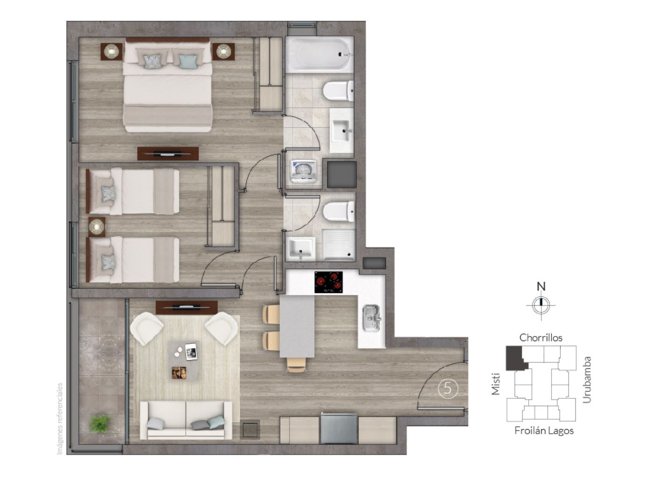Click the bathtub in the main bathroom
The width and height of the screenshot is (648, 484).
click(319, 55)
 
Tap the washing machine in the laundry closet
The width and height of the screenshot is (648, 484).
click(303, 172)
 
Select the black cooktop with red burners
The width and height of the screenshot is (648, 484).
click(329, 282)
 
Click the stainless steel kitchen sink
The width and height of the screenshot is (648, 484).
click(372, 318)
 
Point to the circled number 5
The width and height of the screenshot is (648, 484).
click(448, 389)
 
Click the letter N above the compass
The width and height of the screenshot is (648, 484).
click(541, 286)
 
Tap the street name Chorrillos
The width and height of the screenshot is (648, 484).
click(541, 337)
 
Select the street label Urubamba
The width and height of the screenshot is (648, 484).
click(587, 380)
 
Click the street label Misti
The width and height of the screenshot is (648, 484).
click(496, 384)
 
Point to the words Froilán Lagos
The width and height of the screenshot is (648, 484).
click(544, 431)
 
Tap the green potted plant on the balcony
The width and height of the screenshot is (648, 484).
click(100, 423)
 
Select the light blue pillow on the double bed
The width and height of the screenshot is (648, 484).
click(187, 61)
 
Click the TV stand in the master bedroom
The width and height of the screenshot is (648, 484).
click(168, 154)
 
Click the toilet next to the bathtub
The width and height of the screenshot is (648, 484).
click(338, 91)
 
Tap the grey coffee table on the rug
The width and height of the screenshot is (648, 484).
click(184, 360)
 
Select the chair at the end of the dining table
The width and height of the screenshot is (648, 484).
click(296, 365)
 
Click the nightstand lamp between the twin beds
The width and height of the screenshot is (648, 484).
click(97, 227)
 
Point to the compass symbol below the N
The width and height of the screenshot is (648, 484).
click(541, 305)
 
